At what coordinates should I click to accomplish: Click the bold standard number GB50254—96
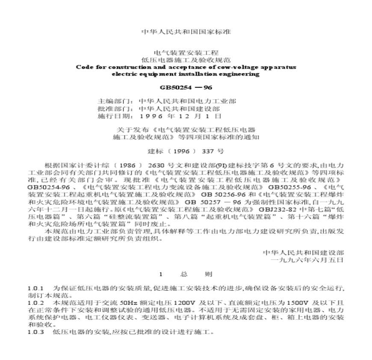click(x=186, y=89)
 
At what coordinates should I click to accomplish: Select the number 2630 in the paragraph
click(x=159, y=165)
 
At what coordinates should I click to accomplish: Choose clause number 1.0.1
click(x=35, y=288)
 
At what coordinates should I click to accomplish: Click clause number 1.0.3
click(x=35, y=332)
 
